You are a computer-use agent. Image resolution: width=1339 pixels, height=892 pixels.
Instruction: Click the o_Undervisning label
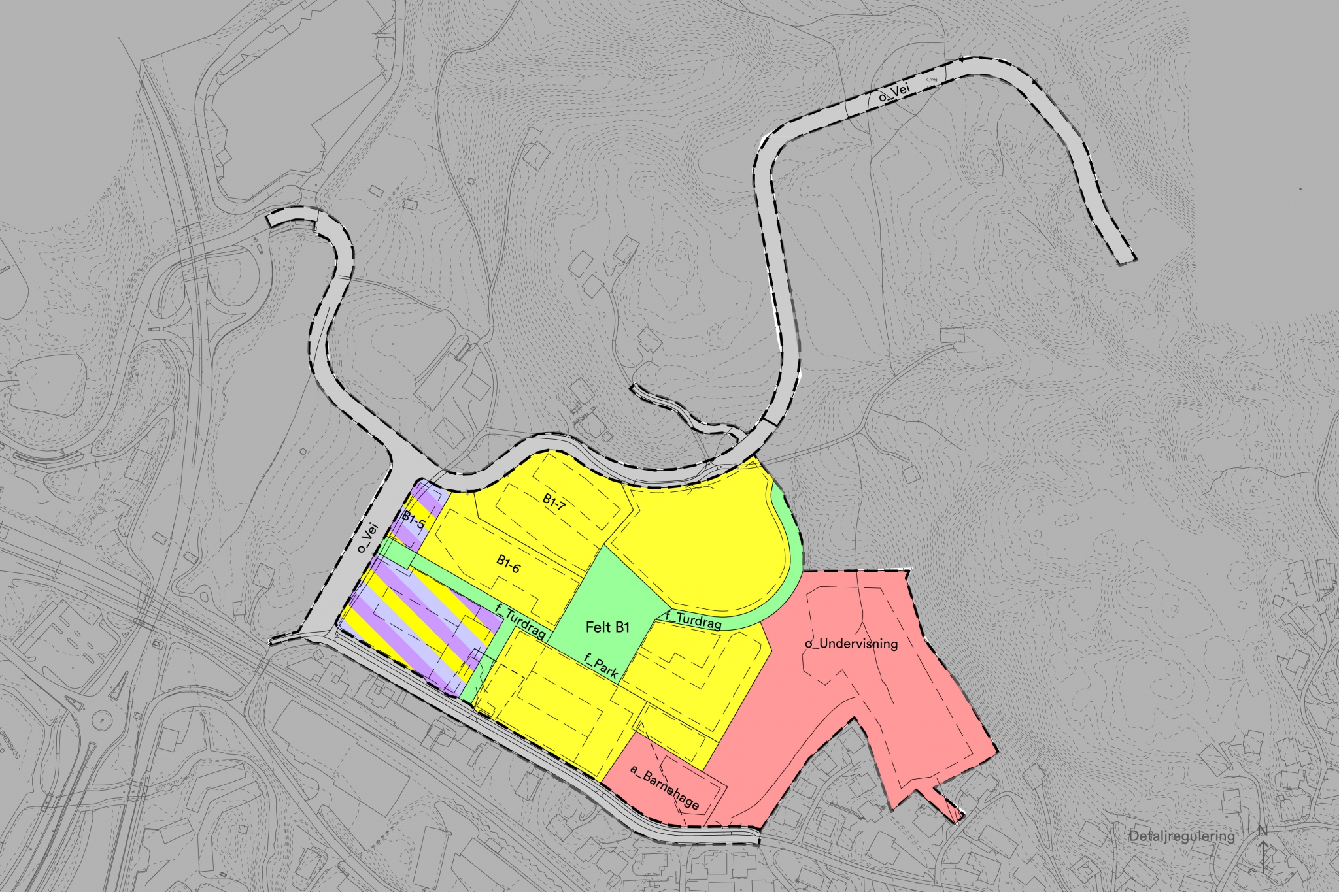point(851,644)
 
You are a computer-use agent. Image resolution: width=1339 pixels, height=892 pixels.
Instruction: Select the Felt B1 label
point(607,627)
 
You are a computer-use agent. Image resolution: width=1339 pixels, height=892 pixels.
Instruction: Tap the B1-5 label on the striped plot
point(413,520)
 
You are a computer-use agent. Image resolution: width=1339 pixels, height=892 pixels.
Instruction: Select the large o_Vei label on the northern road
point(893,94)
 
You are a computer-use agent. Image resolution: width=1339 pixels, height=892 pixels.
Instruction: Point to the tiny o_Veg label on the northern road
point(932,80)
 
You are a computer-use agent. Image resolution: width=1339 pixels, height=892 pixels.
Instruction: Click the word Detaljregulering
point(1181,836)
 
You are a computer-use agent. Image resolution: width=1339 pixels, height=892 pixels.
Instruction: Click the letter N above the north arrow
point(1263,831)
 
